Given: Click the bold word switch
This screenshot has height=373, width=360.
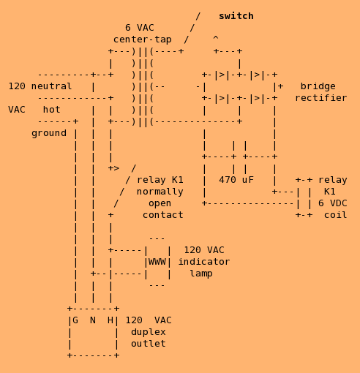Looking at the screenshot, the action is [236, 16].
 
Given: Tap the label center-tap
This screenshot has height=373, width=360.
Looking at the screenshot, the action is [143, 39].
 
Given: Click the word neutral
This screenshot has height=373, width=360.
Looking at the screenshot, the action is [51, 86].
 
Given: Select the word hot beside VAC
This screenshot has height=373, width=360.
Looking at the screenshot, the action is [51, 110].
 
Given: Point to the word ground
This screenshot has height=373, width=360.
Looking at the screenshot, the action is [49, 133].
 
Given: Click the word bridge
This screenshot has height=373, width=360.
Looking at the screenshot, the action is [318, 86].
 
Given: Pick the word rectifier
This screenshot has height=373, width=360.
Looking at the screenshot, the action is [321, 98].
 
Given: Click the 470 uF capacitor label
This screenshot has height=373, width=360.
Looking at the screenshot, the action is [236, 180].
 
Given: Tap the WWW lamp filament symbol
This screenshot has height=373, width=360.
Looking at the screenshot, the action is [157, 262].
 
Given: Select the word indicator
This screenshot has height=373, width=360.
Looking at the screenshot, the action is [204, 262].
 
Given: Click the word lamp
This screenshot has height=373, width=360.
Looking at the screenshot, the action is [201, 274].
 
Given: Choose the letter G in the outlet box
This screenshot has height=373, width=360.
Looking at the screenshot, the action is [75, 320].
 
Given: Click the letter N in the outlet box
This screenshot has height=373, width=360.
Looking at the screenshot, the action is [93, 320].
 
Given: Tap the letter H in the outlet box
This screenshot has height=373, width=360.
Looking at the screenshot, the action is [110, 320].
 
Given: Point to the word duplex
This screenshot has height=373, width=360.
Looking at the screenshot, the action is [149, 332].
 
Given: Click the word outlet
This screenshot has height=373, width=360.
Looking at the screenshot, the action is [149, 344].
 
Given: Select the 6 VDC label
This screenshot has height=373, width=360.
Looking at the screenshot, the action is [332, 203].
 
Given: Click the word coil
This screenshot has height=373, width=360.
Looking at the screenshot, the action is [335, 215].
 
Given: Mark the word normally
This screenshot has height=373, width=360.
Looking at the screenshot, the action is [160, 192].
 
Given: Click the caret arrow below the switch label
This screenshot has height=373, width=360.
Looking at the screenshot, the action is [216, 37].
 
